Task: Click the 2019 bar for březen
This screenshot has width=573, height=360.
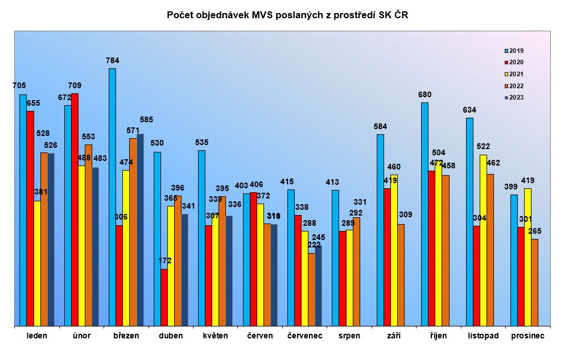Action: pos(112,197)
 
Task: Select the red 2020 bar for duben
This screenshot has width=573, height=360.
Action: pos(164,297)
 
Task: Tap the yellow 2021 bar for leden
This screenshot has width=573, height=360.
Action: pos(38,263)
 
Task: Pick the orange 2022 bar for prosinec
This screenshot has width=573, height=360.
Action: pos(534,282)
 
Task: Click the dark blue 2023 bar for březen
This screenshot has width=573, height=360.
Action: pos(140,230)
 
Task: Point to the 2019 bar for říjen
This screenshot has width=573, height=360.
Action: pos(424,214)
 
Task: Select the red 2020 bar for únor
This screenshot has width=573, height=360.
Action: pos(75,209)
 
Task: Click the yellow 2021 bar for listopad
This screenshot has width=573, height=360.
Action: pos(483,240)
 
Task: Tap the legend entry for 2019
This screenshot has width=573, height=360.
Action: pos(513,51)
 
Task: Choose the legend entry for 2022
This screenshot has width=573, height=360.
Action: pos(513,86)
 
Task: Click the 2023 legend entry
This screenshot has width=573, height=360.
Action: pos(513,97)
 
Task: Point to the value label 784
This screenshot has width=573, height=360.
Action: pos(112,60)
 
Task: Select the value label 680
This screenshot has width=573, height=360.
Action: pos(424,94)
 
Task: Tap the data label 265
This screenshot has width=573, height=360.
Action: pos(534,230)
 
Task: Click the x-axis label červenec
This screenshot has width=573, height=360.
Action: pos(305,336)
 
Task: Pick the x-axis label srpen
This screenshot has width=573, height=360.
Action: pos(349,336)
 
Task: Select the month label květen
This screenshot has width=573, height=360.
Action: pos(215,336)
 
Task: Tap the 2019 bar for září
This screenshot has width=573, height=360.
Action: pos(380,230)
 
